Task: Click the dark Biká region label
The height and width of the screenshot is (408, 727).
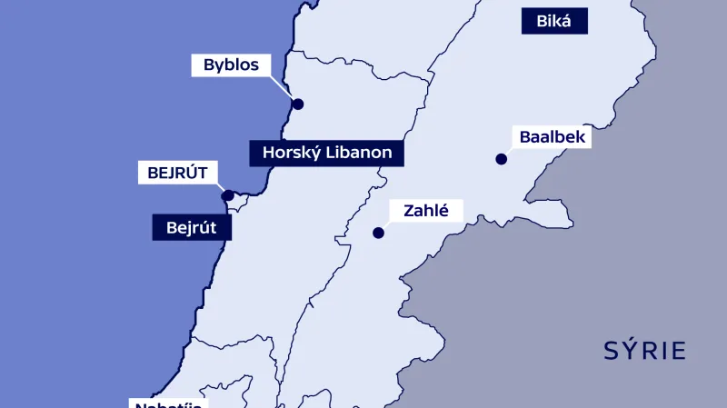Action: pos(554,21)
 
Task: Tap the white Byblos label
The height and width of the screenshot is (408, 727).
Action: pos(231,65)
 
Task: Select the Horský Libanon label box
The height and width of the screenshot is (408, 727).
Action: pos(327,153)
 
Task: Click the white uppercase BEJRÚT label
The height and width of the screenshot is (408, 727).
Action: pos(178,172)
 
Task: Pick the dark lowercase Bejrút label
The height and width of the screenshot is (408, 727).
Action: pos(192,226)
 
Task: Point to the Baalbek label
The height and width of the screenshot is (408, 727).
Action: pos(552,137)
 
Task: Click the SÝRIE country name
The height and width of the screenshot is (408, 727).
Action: pos(644,351)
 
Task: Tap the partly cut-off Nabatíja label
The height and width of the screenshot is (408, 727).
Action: pos(167,403)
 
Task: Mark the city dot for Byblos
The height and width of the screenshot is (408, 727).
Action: pos(297,104)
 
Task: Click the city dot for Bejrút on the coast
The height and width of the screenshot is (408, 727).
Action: pos(228,194)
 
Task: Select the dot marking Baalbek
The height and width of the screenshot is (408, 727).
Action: pos(501,159)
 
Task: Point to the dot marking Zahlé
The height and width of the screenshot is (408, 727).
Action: pos(378,233)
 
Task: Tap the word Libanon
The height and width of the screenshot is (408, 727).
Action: pos(360,153)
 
